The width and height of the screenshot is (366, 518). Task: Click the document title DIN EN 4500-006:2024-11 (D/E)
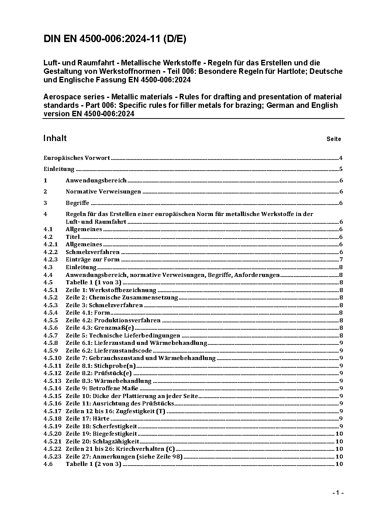pos(115,39)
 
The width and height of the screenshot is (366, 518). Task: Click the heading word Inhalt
pos(55,138)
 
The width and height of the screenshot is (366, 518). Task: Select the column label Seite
pos(334,139)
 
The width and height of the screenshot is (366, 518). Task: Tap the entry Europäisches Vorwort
pos(77,158)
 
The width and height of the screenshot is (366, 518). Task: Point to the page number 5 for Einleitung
pos(341,169)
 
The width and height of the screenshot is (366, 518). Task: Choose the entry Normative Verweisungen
pos(103,192)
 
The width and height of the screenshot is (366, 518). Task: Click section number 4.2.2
pos(51,252)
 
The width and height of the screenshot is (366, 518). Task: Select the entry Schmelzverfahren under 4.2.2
pos(93,252)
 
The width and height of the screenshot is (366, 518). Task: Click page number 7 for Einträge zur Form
pos(341,260)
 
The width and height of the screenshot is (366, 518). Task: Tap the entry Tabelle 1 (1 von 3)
pos(93,282)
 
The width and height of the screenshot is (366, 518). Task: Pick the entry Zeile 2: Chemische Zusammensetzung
pos(122,298)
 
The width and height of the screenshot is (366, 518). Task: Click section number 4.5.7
pos(51,336)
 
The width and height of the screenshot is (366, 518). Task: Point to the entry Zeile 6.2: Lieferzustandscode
pos(109,351)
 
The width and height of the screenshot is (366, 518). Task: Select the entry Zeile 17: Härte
pos(87,419)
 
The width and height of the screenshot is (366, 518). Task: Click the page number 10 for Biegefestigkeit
pos(339,434)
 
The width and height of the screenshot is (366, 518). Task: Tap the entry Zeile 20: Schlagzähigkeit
pos(102,442)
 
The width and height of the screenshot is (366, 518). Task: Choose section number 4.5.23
pos(52,457)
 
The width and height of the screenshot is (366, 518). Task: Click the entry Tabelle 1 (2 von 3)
pos(93,464)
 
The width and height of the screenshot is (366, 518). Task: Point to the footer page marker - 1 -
pos(338,493)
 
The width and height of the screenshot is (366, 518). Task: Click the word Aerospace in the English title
pos(60,97)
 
